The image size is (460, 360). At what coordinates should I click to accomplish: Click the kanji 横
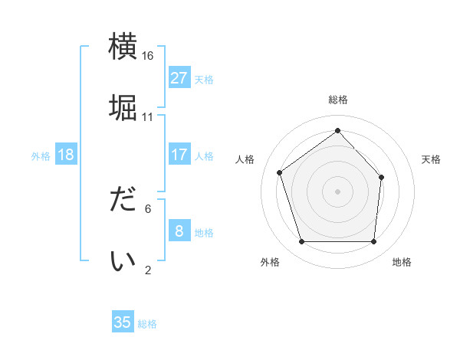point(123,47)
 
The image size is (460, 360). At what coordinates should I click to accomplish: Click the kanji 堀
point(123,106)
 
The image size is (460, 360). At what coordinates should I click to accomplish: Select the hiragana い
point(123,260)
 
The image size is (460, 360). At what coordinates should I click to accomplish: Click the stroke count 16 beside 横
point(148,56)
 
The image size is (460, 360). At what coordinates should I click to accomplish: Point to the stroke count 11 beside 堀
point(148,116)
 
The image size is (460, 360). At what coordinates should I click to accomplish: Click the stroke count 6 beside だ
point(148,208)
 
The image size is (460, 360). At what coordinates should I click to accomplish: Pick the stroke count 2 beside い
point(148,269)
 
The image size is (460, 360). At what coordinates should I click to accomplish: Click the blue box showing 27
point(179,78)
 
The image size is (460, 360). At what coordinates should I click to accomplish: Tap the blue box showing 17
point(179,155)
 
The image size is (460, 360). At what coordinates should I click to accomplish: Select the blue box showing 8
point(179,231)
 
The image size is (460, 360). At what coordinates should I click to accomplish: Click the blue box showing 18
point(66,155)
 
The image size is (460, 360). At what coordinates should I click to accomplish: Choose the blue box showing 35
point(123,322)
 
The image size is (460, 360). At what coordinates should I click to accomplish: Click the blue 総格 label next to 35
point(147,324)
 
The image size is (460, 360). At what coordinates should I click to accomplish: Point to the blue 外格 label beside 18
point(41,156)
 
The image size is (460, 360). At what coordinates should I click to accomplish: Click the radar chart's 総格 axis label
point(337,100)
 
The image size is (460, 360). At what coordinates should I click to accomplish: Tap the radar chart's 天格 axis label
point(432,159)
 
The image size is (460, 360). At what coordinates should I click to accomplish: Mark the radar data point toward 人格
point(280,172)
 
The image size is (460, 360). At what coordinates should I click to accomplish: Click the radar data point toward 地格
point(373,242)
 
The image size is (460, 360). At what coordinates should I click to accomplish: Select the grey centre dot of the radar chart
point(337,191)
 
